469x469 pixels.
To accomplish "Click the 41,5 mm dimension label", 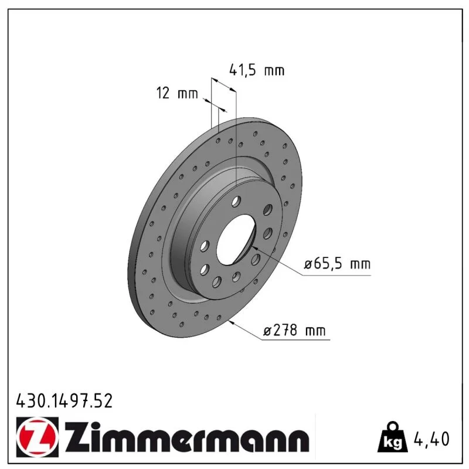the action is pos(257,70).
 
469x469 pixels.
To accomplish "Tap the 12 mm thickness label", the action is pos(177,93).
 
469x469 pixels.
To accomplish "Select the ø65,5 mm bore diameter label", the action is pos(337,264).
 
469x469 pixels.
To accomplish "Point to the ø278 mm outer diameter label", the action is pos(294,331).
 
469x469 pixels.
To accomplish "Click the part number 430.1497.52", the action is pos(64,401).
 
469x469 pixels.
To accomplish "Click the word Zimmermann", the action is pos(186,437).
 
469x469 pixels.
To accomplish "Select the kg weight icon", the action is pos(392,437).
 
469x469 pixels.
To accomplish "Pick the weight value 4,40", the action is pos(431,439).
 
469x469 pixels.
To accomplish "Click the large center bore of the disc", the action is pos(236,240).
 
